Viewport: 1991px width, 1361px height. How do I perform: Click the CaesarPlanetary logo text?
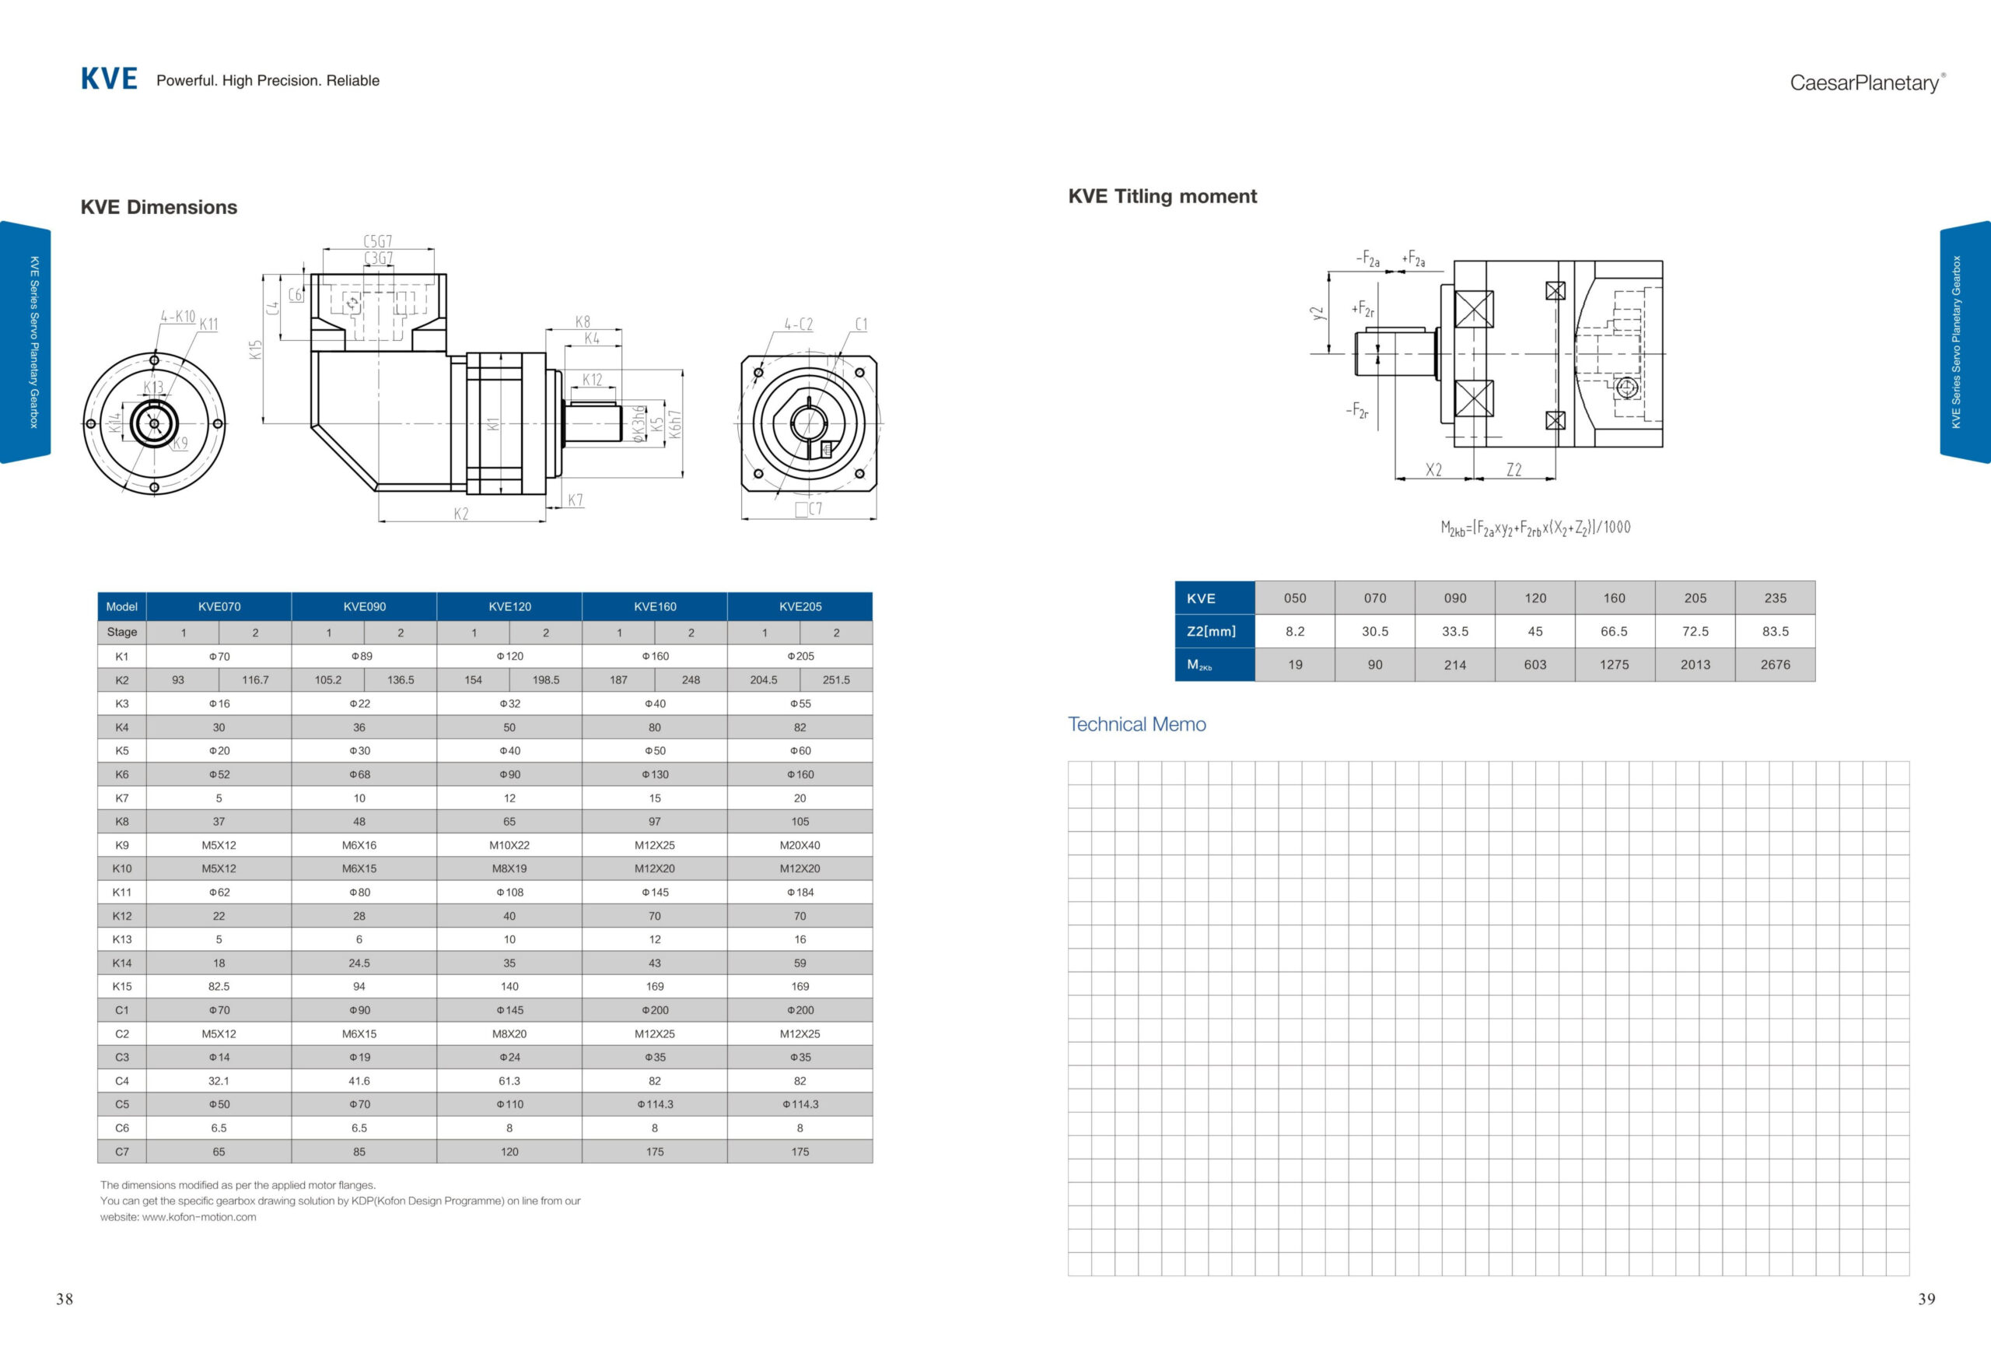click(x=1866, y=83)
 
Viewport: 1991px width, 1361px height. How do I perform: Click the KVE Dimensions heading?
click(x=159, y=208)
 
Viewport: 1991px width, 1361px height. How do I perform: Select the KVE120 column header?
click(x=509, y=607)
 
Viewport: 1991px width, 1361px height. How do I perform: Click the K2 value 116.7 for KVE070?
click(x=255, y=679)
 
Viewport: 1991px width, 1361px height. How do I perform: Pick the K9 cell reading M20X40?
click(x=800, y=845)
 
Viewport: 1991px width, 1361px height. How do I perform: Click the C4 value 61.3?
click(x=509, y=1081)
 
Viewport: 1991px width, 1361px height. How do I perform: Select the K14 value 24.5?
click(x=359, y=963)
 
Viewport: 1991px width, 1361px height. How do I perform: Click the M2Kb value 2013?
click(x=1695, y=665)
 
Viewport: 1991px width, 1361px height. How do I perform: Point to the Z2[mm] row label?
click(x=1212, y=632)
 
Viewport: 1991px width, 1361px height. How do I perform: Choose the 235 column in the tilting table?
click(x=1775, y=598)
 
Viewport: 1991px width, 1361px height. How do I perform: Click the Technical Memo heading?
click(x=1137, y=725)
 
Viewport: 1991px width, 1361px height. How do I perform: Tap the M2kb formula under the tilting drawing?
click(x=1535, y=528)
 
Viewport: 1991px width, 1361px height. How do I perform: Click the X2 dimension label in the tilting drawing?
click(x=1433, y=470)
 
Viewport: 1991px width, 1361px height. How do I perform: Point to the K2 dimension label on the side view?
click(x=461, y=514)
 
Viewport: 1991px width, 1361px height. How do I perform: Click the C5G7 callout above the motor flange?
click(x=378, y=242)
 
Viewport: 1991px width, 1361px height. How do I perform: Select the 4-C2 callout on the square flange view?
click(x=799, y=324)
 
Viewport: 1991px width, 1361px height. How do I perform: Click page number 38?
click(x=65, y=1300)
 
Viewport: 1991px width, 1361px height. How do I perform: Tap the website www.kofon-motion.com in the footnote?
click(x=199, y=1217)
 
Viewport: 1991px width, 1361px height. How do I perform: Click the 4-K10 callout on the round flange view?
click(x=178, y=317)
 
